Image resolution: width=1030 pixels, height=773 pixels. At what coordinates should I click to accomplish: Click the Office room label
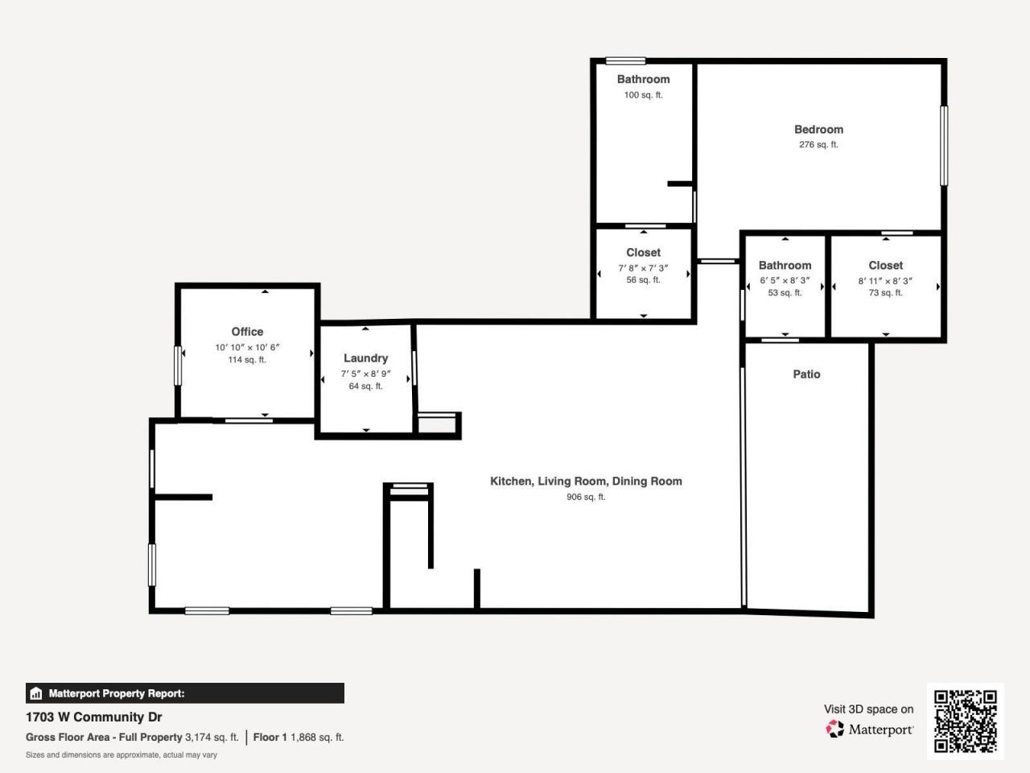click(247, 332)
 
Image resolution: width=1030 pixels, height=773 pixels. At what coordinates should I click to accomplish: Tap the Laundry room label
click(365, 358)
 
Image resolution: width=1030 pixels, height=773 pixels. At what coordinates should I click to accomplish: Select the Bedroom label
click(818, 130)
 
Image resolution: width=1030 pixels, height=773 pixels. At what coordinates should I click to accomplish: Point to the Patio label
click(806, 374)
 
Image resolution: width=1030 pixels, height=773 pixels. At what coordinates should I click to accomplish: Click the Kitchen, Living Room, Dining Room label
click(586, 482)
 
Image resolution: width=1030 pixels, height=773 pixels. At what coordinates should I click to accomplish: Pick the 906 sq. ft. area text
click(586, 498)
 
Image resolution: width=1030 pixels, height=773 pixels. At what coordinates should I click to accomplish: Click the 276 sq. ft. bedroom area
click(818, 145)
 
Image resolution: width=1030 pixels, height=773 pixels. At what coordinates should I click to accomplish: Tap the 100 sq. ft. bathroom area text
click(643, 95)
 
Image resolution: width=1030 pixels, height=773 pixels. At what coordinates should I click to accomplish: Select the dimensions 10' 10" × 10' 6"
click(247, 348)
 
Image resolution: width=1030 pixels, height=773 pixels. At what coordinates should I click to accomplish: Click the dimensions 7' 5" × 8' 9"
click(365, 374)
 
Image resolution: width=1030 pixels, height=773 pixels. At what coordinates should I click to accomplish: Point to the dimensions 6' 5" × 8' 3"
click(785, 281)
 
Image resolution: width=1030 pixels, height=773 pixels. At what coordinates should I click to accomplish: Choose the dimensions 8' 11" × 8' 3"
click(885, 281)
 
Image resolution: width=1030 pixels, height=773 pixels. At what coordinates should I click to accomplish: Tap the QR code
click(965, 721)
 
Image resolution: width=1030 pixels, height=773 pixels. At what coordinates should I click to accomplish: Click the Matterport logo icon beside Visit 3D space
click(835, 730)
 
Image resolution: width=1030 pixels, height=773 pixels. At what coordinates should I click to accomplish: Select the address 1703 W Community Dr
click(94, 717)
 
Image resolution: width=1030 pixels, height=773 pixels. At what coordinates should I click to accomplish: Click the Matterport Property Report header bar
click(185, 693)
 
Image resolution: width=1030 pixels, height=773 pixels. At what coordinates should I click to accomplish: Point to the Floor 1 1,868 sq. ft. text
click(299, 738)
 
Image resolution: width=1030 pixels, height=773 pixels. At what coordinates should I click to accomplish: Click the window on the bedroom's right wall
click(944, 146)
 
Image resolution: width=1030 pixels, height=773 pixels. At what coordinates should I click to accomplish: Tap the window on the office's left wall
click(179, 366)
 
